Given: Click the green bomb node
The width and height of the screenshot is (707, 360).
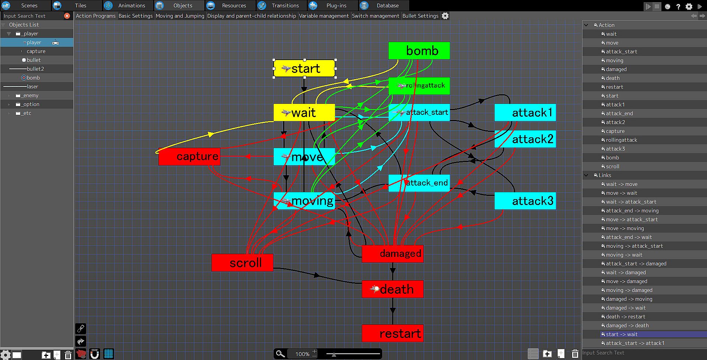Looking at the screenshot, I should (419, 50).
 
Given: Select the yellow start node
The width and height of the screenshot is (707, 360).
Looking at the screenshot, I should (304, 68).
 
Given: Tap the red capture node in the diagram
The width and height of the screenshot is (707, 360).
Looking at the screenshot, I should (189, 156).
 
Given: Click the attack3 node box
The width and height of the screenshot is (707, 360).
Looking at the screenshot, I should (525, 201).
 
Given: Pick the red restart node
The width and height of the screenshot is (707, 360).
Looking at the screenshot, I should (393, 333).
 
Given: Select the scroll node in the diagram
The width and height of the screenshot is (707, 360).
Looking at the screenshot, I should (242, 262).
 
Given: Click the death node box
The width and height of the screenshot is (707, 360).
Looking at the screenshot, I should (393, 289).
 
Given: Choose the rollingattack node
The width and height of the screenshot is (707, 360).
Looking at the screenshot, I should (419, 86).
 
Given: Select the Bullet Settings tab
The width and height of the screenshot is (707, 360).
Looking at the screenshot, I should (420, 16).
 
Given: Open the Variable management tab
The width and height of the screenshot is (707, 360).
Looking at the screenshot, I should (324, 16).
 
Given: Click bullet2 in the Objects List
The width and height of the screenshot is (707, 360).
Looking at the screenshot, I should (35, 69).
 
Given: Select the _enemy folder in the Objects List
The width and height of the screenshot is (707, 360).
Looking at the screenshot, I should (31, 95).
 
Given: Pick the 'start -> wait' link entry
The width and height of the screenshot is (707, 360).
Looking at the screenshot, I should (622, 334).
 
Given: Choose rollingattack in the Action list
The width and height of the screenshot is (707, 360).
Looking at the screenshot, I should (621, 140).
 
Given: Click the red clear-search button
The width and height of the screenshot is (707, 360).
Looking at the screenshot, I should (67, 16).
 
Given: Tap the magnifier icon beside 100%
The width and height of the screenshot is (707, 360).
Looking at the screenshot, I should (280, 354).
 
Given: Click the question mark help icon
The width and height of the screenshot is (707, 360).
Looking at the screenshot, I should (678, 6).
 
